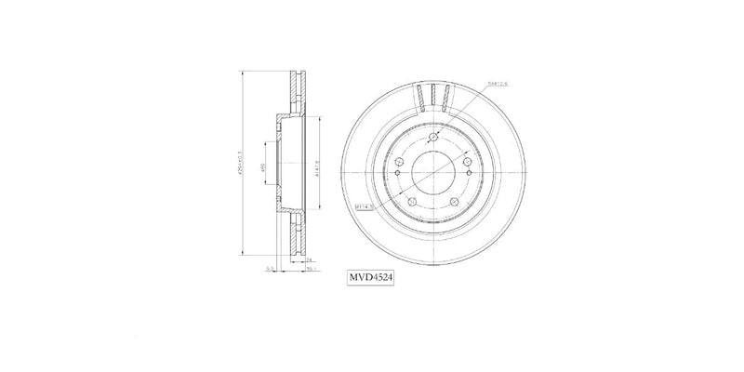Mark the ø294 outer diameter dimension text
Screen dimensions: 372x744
240,164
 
